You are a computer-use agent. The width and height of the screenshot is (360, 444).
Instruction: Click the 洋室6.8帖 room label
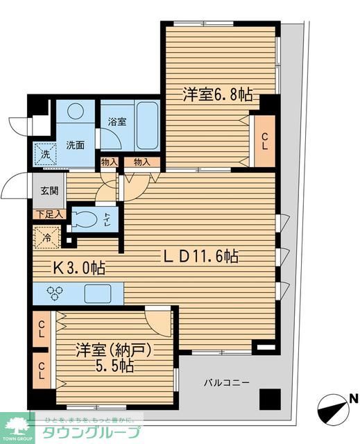click(x=217, y=96)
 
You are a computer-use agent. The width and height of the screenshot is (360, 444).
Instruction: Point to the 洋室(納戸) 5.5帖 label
click(x=103, y=356)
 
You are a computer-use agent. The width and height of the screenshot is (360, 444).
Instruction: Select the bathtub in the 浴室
click(x=147, y=125)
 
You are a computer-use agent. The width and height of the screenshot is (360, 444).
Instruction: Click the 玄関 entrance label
click(x=44, y=191)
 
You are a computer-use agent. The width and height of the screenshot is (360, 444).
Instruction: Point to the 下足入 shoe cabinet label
click(x=48, y=214)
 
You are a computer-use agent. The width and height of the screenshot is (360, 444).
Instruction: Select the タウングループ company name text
click(x=91, y=431)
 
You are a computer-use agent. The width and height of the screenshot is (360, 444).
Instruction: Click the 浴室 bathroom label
click(x=116, y=121)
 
